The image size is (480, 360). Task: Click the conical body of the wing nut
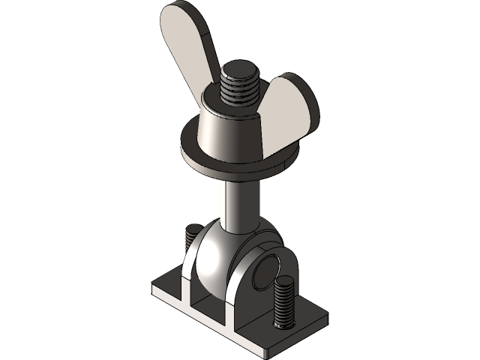(225, 127)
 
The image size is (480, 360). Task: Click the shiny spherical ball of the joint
(214, 255)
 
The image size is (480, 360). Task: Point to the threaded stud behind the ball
(190, 240)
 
